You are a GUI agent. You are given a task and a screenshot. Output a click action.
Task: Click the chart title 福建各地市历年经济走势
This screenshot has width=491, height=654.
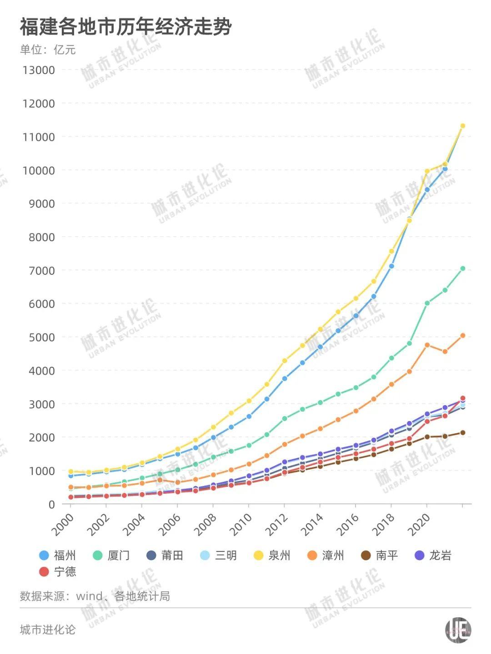pyautogui.click(x=125, y=27)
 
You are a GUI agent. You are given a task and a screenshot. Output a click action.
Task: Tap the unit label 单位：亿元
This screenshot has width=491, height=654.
pyautogui.click(x=48, y=50)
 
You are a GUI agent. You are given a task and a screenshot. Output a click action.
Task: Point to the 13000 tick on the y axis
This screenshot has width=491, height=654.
pyautogui.click(x=39, y=70)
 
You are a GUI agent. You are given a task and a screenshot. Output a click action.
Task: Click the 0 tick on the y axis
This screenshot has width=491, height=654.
pyautogui.click(x=51, y=504)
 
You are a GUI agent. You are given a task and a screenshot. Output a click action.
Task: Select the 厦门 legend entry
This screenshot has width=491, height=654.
pyautogui.click(x=111, y=555)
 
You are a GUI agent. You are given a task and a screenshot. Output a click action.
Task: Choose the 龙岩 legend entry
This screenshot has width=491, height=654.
pyautogui.click(x=433, y=555)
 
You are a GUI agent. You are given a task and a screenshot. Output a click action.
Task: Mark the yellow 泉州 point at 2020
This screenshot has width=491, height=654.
pyautogui.click(x=427, y=172)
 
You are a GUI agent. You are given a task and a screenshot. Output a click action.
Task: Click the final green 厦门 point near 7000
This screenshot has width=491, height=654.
pyautogui.click(x=463, y=269)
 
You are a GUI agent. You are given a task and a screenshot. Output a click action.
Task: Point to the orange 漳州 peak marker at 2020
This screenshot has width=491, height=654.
pyautogui.click(x=427, y=345)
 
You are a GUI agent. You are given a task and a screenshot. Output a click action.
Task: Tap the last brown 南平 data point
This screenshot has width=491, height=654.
pyautogui.click(x=463, y=433)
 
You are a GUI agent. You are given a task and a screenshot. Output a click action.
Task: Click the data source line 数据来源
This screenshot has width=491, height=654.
pyautogui.click(x=95, y=596)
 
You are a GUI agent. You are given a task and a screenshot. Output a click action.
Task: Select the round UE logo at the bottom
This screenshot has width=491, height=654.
pyautogui.click(x=457, y=630)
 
